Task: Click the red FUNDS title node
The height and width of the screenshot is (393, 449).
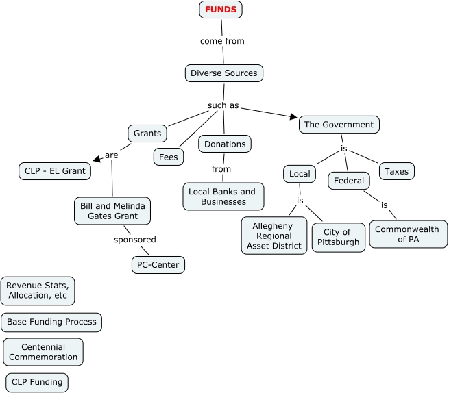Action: [x=221, y=10]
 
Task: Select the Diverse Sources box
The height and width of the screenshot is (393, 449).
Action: [x=223, y=73]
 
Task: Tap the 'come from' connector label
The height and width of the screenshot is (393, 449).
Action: [x=222, y=41]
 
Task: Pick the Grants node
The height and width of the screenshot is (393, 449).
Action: [x=147, y=133]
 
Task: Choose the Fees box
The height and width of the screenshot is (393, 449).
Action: [x=168, y=157]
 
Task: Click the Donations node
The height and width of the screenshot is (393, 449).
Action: [x=225, y=144]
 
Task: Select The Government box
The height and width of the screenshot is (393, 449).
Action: [x=339, y=125]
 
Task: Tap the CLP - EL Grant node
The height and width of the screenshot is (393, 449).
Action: [x=54, y=170]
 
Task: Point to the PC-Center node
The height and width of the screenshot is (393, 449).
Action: [x=158, y=264]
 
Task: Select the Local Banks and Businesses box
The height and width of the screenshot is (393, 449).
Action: [x=223, y=196]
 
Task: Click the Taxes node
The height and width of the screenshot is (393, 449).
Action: [x=396, y=171]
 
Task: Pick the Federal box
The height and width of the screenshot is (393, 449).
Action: [x=348, y=181]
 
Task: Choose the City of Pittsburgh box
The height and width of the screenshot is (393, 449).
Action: [x=339, y=237]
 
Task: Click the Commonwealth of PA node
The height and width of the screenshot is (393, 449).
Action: [x=408, y=234]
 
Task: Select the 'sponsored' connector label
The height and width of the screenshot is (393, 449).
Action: [x=135, y=240]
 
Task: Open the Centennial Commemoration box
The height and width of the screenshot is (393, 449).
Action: [x=43, y=352]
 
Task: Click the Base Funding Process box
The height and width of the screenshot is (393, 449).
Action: [x=51, y=322]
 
